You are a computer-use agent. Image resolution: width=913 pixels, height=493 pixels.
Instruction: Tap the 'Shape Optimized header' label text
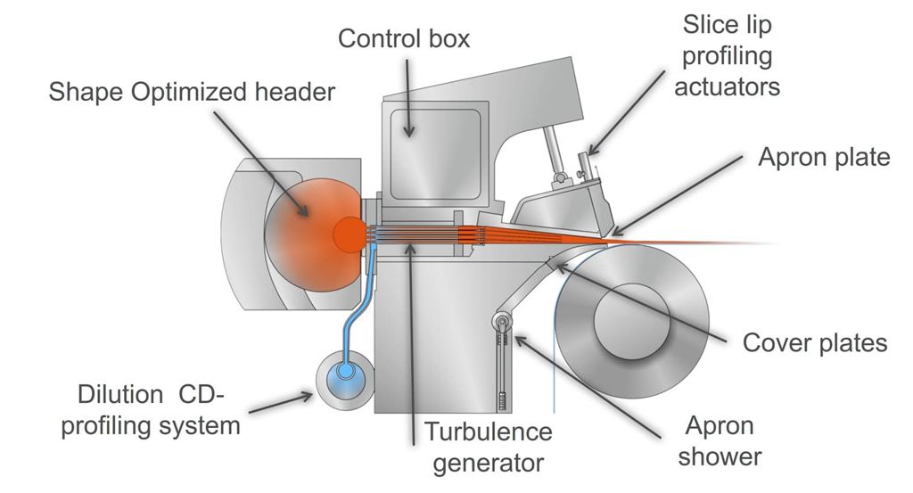click(193, 91)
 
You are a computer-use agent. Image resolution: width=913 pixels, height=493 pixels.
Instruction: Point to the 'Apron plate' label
click(824, 158)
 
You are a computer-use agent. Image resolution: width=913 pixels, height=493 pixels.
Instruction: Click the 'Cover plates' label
click(815, 342)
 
